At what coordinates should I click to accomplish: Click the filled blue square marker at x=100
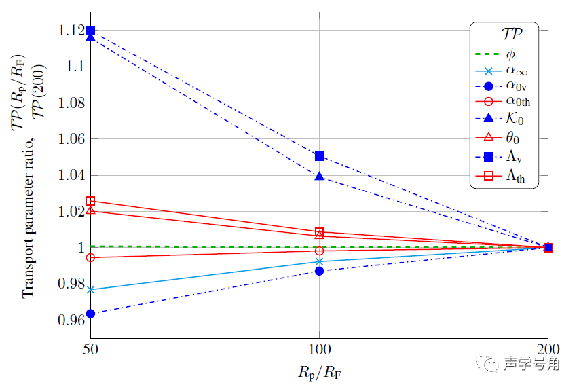point(320,156)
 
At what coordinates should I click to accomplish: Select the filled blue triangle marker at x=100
point(320,176)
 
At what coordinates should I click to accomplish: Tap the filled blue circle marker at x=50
point(90,314)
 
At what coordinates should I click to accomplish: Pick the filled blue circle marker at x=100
point(320,271)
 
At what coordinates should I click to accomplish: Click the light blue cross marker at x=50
point(90,290)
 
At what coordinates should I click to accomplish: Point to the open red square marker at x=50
point(90,201)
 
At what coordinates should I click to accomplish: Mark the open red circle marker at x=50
point(90,257)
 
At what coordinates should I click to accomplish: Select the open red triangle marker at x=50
point(90,210)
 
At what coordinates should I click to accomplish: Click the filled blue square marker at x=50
point(90,31)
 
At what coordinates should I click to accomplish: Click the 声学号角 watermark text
point(531,364)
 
